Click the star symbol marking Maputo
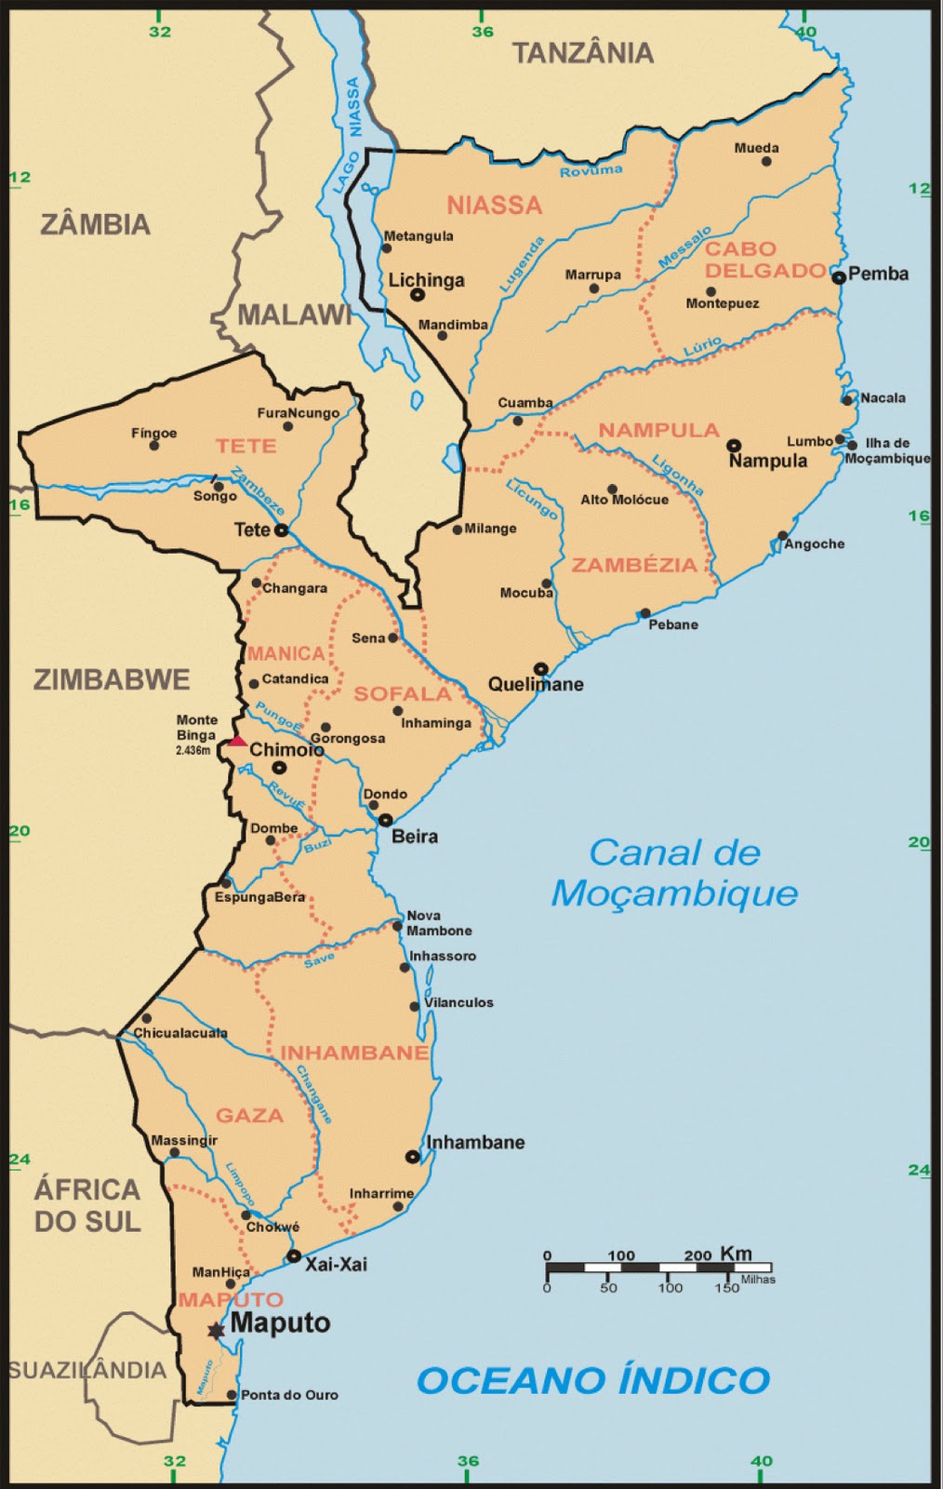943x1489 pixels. click(217, 1331)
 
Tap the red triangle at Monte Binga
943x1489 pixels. click(237, 741)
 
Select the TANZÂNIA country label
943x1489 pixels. click(583, 53)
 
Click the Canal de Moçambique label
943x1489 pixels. click(674, 872)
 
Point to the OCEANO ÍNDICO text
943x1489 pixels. click(592, 1380)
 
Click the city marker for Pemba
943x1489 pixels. click(839, 276)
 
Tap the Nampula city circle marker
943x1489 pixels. click(733, 445)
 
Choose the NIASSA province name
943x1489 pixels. click(494, 205)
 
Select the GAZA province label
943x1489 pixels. click(249, 1115)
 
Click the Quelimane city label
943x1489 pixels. click(536, 685)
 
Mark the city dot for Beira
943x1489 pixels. click(386, 821)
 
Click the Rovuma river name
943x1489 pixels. click(591, 170)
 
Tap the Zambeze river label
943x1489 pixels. click(259, 490)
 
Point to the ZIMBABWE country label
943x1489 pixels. click(112, 679)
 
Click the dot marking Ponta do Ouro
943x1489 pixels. click(232, 1394)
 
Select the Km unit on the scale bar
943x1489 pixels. click(736, 1254)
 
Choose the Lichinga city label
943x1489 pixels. click(426, 279)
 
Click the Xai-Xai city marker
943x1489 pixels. click(294, 1256)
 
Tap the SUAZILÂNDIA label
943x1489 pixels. click(86, 1370)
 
